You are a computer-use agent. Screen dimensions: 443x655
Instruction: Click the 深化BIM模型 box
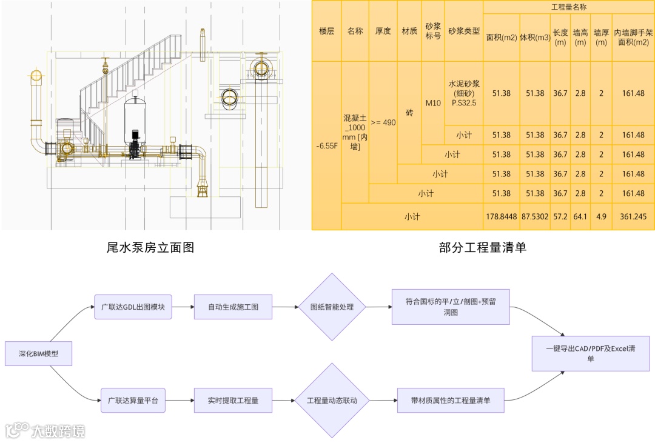(x=38, y=353)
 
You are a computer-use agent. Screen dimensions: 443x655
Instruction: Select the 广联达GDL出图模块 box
(x=133, y=307)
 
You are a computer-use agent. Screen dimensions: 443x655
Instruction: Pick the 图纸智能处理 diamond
(x=332, y=307)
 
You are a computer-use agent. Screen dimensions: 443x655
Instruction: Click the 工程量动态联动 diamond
(x=332, y=401)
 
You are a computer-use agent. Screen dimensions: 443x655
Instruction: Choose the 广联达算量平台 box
(x=133, y=401)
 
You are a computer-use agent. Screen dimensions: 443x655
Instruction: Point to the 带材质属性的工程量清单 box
(x=451, y=401)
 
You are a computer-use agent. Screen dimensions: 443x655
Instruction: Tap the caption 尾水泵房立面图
(x=150, y=247)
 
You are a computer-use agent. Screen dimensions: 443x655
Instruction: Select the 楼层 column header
(x=326, y=31)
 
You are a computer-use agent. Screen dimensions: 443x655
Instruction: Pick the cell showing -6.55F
(x=326, y=146)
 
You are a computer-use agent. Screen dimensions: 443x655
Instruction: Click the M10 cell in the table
(x=433, y=103)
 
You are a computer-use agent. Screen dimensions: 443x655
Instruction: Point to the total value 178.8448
(x=501, y=216)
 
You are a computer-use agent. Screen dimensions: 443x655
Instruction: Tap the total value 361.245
(x=633, y=216)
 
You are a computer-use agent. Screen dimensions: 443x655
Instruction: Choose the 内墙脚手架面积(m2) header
(x=633, y=38)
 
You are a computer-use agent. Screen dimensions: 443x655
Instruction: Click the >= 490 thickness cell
(x=383, y=122)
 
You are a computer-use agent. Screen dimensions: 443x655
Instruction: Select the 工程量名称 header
(x=568, y=7)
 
